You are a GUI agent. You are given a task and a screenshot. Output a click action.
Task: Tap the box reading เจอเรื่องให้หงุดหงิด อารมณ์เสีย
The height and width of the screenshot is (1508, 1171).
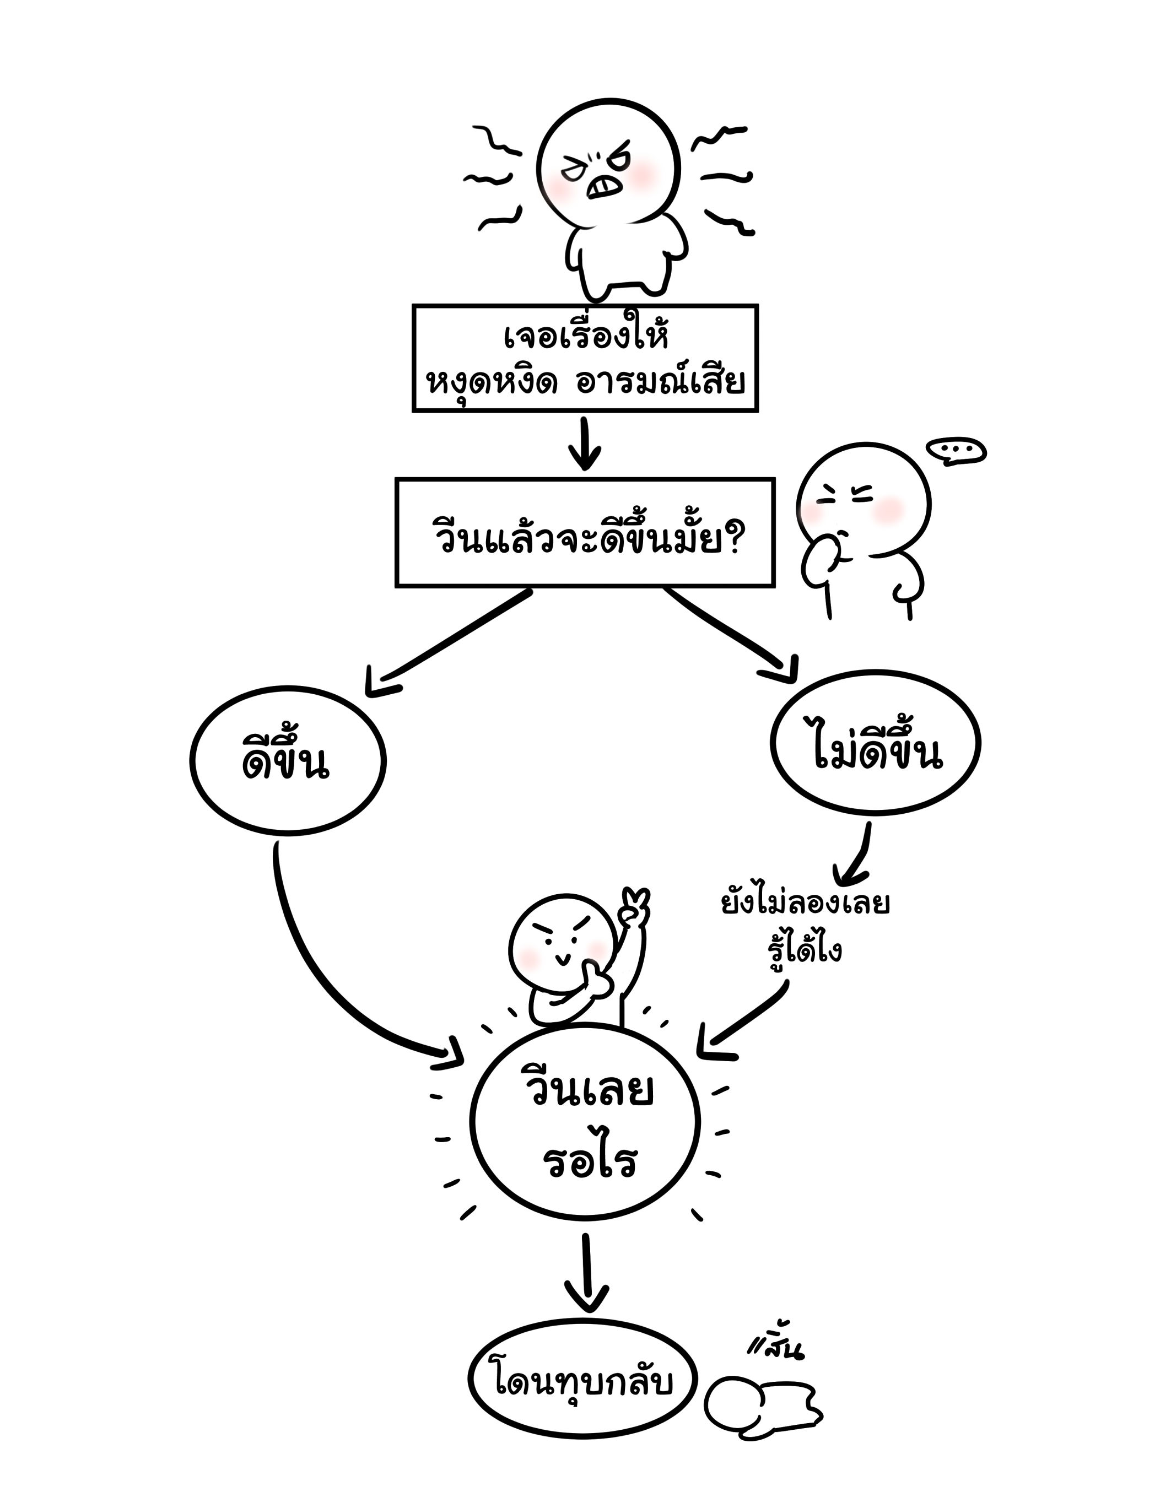[x=585, y=358]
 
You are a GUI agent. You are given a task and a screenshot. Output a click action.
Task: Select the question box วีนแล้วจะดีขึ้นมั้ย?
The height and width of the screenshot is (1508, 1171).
[x=585, y=532]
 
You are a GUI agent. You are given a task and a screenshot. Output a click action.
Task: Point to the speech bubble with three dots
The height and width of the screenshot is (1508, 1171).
[x=956, y=451]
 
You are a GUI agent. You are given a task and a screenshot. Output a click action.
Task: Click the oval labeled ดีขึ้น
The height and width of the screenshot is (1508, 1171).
[x=287, y=761]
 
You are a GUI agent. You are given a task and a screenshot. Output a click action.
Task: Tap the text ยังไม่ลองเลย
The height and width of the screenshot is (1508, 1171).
[x=805, y=904]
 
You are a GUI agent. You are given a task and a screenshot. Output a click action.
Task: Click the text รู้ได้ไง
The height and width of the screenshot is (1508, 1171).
[x=805, y=951]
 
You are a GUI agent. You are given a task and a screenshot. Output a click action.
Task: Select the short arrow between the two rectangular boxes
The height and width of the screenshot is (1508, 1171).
[x=585, y=444]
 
